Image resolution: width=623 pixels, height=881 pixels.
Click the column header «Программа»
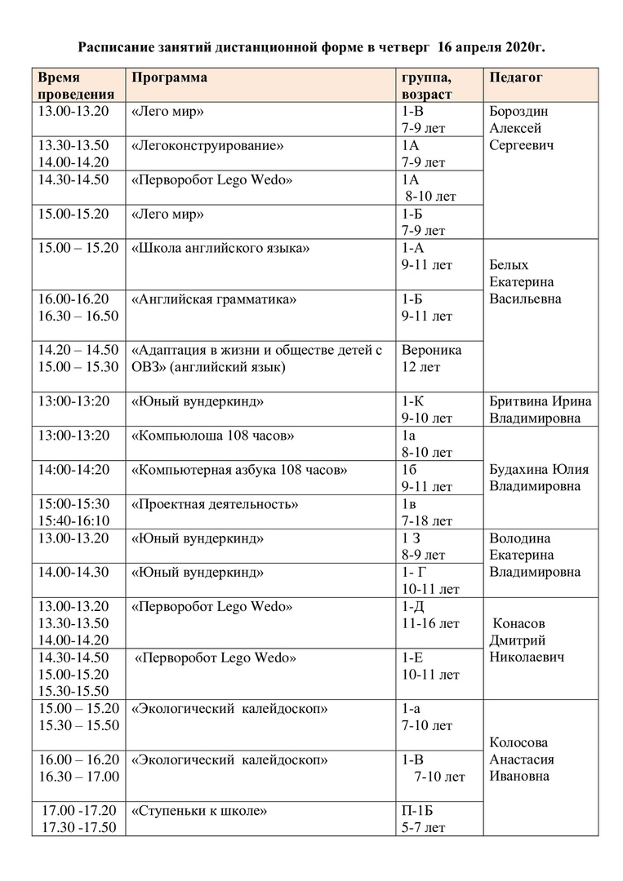click(169, 77)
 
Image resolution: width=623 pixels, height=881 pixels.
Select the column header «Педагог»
click(516, 77)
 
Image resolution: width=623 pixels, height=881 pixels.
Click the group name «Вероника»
click(431, 350)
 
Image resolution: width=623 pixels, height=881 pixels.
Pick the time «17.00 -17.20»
click(78, 811)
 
